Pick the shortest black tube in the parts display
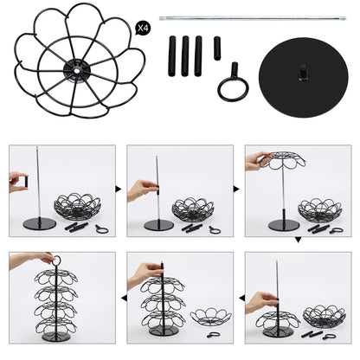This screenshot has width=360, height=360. [216, 48]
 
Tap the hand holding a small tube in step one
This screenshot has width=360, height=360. [16, 182]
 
